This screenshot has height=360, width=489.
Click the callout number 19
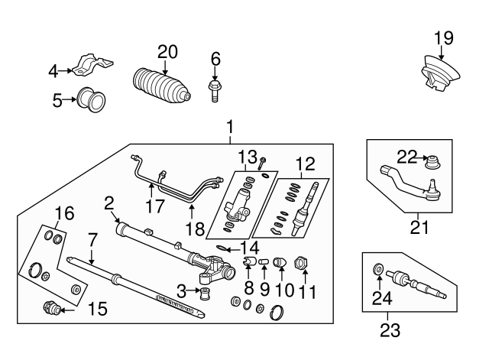click(444, 37)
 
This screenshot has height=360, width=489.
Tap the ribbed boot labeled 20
click(162, 86)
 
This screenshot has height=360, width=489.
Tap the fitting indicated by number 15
click(52, 309)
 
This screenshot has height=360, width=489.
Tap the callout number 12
click(305, 163)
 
